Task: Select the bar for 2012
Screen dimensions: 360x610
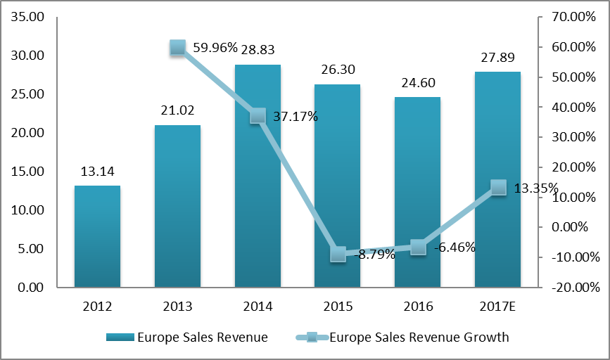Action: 97,236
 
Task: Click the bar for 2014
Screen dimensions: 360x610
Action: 258,176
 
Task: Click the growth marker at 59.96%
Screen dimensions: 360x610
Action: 178,48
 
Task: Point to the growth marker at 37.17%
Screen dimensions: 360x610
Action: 258,115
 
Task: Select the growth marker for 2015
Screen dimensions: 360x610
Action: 338,254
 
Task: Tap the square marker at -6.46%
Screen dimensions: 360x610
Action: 418,247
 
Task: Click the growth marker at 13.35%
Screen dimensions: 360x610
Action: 498,187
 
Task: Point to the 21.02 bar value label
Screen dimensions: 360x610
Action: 177,110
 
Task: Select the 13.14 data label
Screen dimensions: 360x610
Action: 97,170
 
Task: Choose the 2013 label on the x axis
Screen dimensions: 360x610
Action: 177,307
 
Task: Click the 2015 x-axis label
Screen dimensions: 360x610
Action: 338,307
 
